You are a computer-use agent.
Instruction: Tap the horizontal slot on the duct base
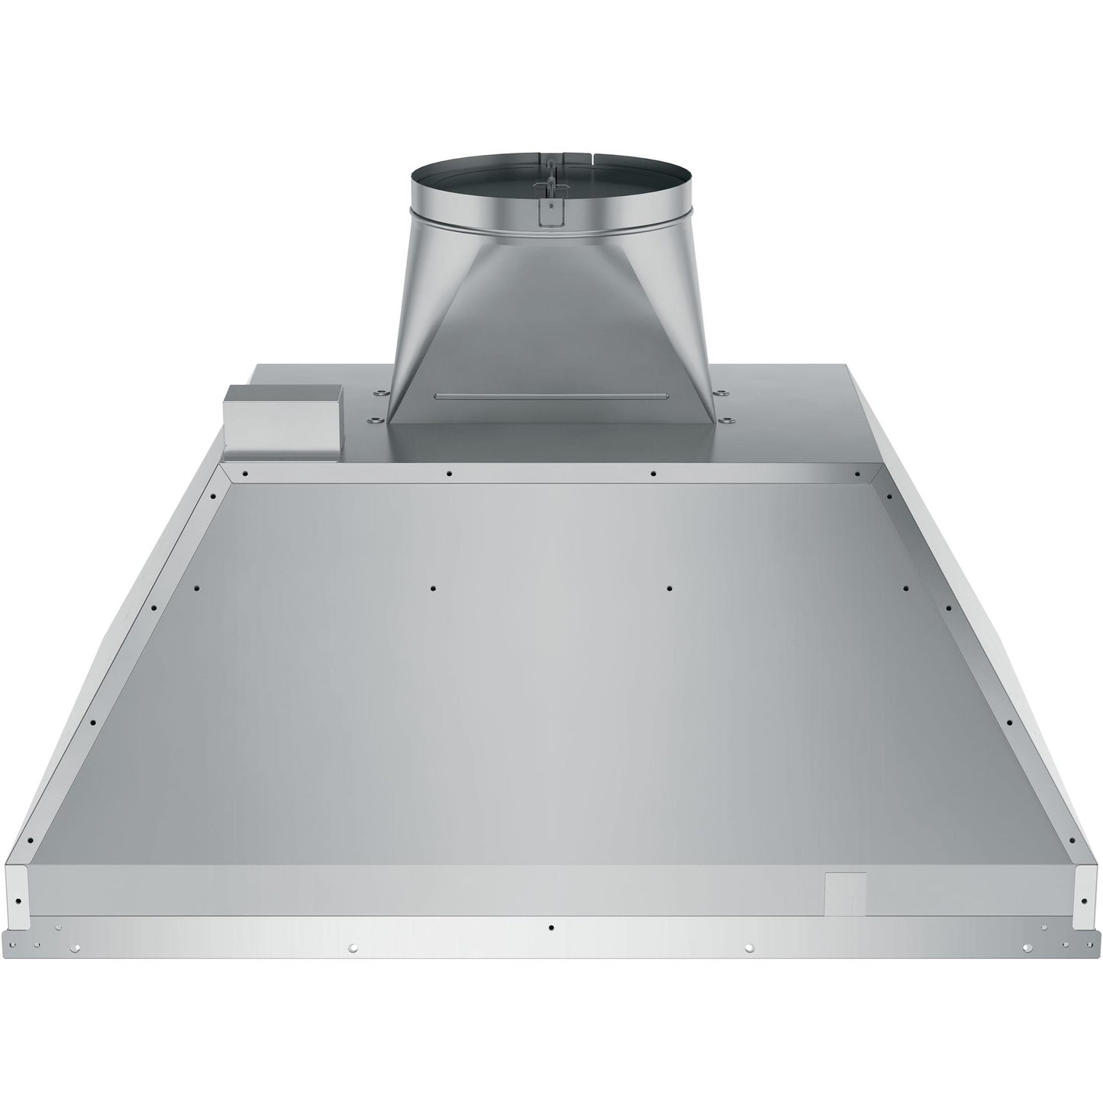(551, 395)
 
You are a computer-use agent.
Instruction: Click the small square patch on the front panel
(846, 892)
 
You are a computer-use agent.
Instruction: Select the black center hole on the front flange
(551, 927)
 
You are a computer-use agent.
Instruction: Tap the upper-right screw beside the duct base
(721, 392)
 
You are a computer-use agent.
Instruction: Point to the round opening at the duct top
(551, 161)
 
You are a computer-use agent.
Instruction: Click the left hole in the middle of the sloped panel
(433, 589)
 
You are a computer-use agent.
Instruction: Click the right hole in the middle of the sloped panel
(669, 589)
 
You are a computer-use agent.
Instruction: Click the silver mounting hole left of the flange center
(353, 947)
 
